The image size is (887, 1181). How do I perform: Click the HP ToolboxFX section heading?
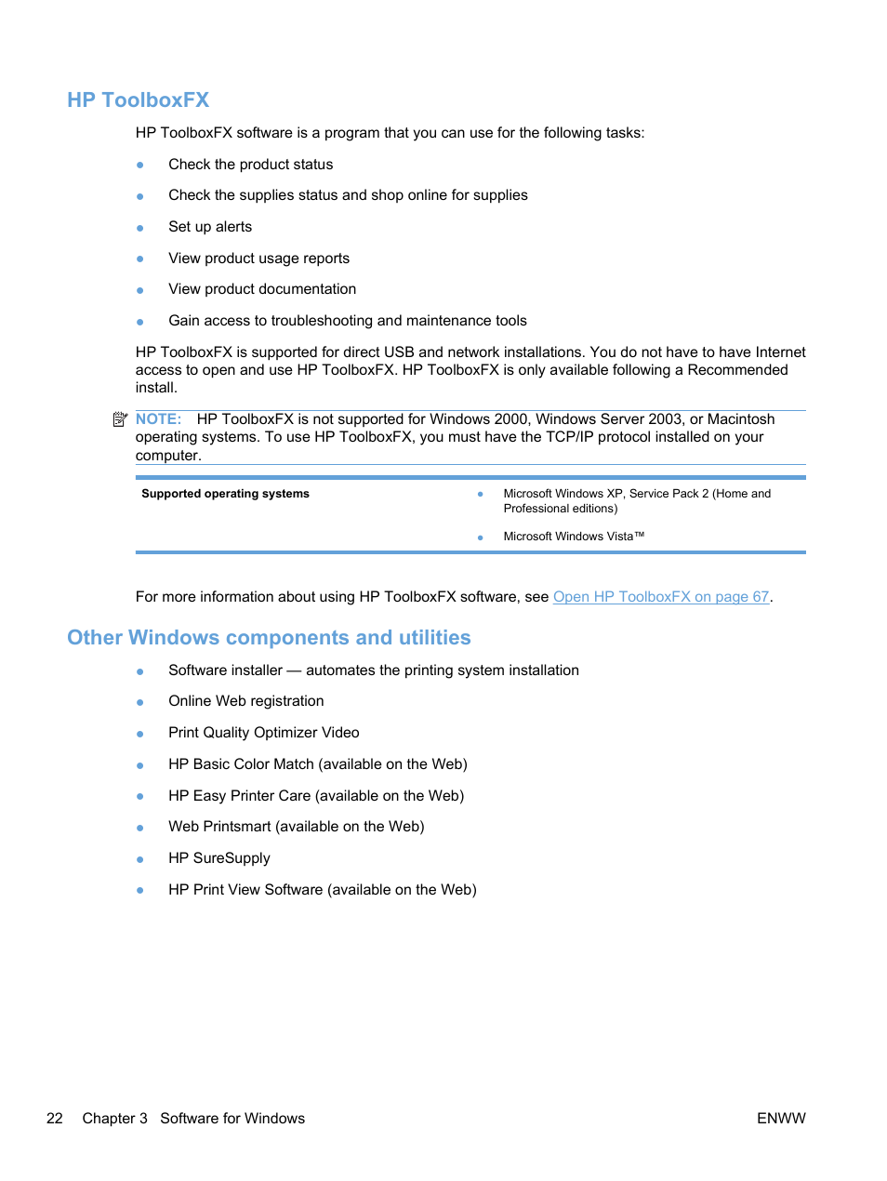138,100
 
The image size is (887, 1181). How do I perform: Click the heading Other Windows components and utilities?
269,637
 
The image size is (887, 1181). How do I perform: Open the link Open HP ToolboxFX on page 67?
660,597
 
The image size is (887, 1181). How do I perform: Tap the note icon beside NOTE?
120,419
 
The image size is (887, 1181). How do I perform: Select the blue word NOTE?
158,419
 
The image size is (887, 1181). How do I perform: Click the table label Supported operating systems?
225,494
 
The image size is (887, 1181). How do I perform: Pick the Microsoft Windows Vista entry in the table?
573,537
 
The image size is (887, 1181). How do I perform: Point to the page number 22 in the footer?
55,1118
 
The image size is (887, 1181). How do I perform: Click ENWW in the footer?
780,1118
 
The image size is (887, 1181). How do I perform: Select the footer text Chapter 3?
114,1118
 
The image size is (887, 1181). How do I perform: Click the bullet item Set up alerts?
210,227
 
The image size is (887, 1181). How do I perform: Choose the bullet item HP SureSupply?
219,858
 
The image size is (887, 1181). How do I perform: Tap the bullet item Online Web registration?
246,701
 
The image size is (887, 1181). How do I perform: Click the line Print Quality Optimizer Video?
263,733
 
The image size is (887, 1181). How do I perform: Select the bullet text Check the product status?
250,165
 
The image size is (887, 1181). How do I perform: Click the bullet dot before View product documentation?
140,290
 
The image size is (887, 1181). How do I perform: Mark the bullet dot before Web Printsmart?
140,828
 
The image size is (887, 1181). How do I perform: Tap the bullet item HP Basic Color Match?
317,764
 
